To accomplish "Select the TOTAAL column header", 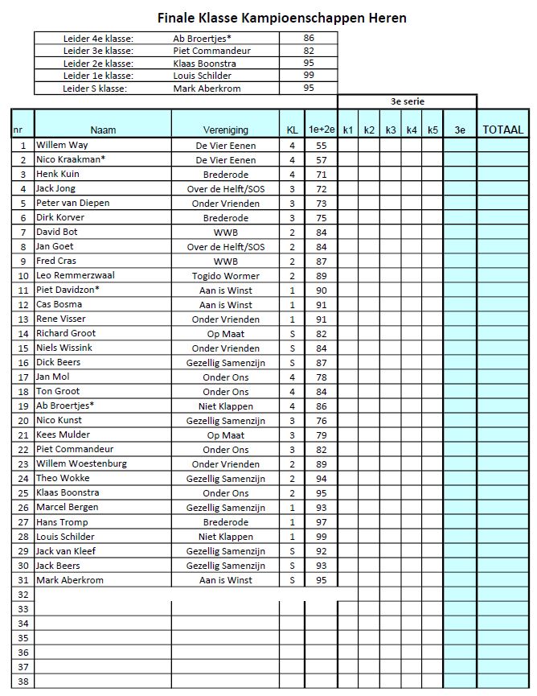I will pyautogui.click(x=502, y=130).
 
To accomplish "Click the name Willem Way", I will pyautogui.click(x=62, y=146).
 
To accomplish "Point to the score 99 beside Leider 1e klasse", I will pyautogui.click(x=309, y=76).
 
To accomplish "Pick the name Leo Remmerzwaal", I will pyautogui.click(x=76, y=276).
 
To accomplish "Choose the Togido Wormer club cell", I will pyautogui.click(x=226, y=276).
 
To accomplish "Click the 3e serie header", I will pyautogui.click(x=407, y=102).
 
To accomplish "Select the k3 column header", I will pyautogui.click(x=391, y=130).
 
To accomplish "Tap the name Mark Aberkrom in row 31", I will pyautogui.click(x=70, y=580).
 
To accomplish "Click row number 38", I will pyautogui.click(x=23, y=682).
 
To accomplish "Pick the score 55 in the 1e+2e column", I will pyautogui.click(x=322, y=146).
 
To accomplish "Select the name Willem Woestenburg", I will pyautogui.click(x=81, y=464).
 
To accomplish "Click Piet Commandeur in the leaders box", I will pyautogui.click(x=212, y=51).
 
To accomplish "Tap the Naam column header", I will pyautogui.click(x=103, y=130).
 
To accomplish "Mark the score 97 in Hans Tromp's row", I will pyautogui.click(x=322, y=522).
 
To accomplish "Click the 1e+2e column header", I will pyautogui.click(x=322, y=130).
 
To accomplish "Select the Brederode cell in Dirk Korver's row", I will pyautogui.click(x=226, y=218).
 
